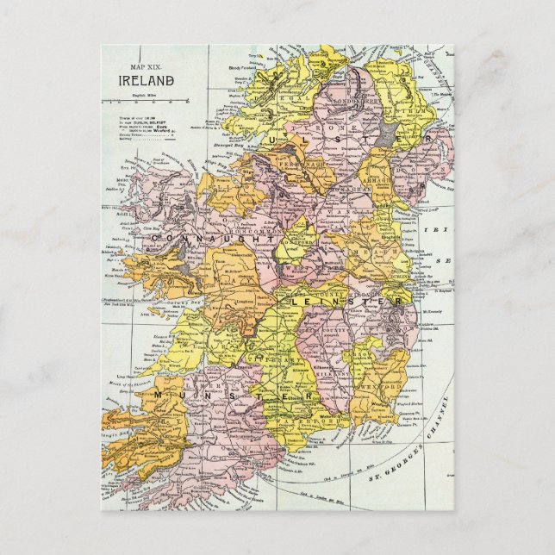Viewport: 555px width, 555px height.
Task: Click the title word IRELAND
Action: (x=147, y=81)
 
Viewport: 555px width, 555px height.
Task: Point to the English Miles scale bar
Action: (x=142, y=95)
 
